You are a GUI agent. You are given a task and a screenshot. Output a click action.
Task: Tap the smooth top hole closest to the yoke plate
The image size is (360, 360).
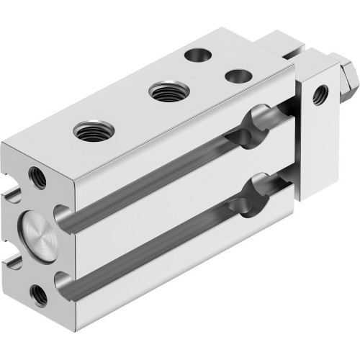234,75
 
